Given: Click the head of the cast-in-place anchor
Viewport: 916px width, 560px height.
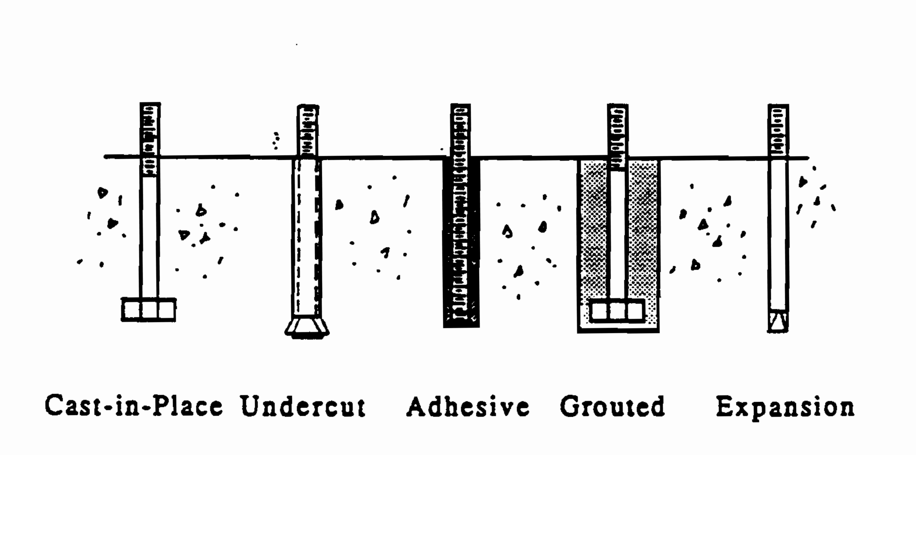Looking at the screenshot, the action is click(x=149, y=309).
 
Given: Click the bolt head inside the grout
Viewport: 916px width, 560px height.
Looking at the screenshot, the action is click(x=617, y=311).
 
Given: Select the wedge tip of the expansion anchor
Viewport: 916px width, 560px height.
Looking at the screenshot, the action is click(x=778, y=321).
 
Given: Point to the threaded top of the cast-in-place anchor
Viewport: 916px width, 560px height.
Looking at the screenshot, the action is click(x=150, y=140).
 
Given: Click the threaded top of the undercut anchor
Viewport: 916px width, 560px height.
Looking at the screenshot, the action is click(x=308, y=130).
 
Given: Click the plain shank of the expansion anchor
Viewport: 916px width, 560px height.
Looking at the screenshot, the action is click(x=778, y=234).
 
